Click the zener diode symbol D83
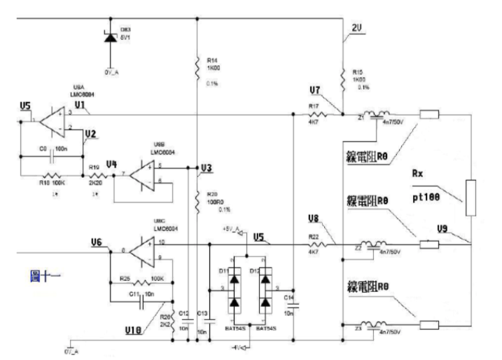[110, 37]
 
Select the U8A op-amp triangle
[51, 120]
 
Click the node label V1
[80, 106]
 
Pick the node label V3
[205, 168]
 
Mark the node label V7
[314, 91]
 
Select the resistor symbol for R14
[197, 69]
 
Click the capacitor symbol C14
[293, 305]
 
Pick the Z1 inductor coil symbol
[382, 114]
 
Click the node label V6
[97, 242]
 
